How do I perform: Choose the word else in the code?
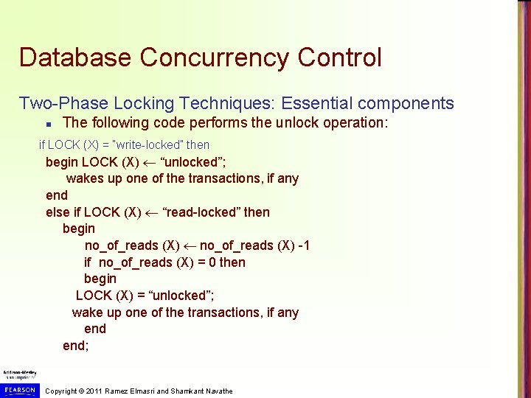[x=58, y=212]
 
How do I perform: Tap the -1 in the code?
[x=302, y=245]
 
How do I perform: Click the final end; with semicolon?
[x=75, y=345]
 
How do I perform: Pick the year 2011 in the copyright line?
[x=93, y=391]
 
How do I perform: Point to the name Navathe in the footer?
[x=216, y=391]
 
